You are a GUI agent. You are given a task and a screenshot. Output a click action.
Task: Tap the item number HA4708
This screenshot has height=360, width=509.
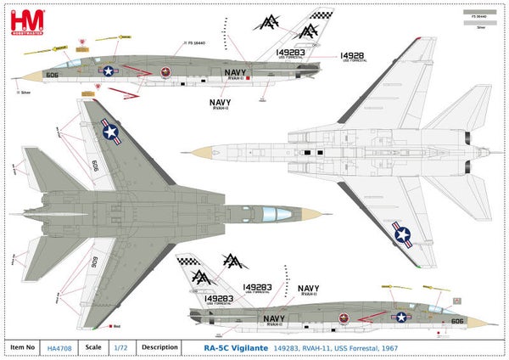(59, 346)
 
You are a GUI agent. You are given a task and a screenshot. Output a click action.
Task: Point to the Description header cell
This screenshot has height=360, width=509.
(159, 346)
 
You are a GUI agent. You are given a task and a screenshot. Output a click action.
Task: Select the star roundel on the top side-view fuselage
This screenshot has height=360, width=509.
(109, 71)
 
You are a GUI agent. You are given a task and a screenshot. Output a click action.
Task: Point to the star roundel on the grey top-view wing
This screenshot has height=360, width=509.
(111, 130)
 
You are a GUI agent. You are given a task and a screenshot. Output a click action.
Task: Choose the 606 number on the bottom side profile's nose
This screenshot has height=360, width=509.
(457, 321)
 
